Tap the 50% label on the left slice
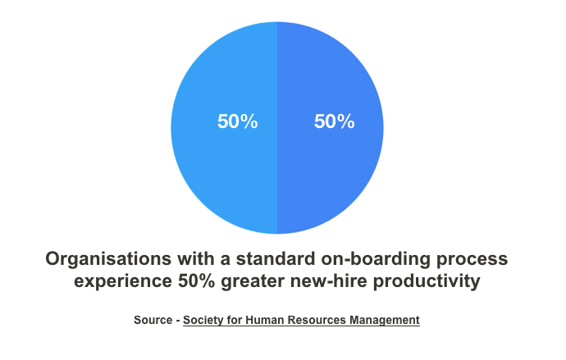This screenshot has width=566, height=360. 238,121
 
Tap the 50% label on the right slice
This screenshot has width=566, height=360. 334,121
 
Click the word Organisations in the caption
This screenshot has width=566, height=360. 108,259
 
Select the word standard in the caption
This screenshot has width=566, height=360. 276,258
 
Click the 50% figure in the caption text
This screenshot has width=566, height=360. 197,280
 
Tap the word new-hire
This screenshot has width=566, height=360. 329,280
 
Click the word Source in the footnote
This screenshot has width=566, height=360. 153,320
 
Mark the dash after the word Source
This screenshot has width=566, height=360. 178,321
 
